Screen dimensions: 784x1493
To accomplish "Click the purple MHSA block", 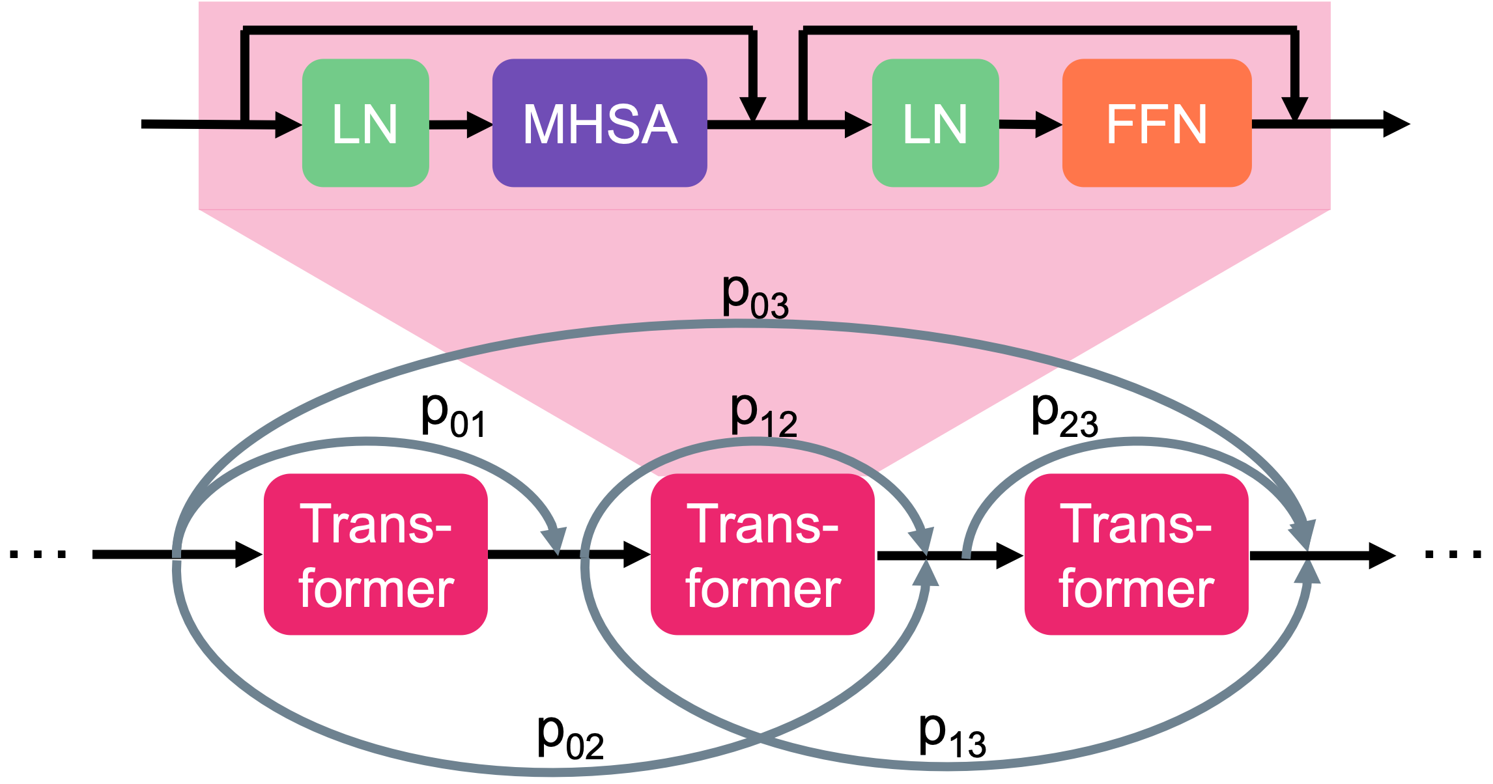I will point(599,123).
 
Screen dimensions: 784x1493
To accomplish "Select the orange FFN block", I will point(1157,123).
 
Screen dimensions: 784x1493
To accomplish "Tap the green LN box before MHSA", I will point(365,123).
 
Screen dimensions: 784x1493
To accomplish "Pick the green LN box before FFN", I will point(935,123).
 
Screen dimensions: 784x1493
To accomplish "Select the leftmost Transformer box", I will point(376,554).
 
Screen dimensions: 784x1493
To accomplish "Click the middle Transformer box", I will point(763,554).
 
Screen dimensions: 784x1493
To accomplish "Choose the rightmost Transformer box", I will point(1136,554).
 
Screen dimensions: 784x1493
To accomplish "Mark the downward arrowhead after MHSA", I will point(753,108).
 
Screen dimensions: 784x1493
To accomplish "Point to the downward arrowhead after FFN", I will point(1295,108).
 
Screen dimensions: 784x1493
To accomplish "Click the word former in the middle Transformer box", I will point(763,589).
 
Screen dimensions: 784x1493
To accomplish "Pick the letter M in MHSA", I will point(546,124).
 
